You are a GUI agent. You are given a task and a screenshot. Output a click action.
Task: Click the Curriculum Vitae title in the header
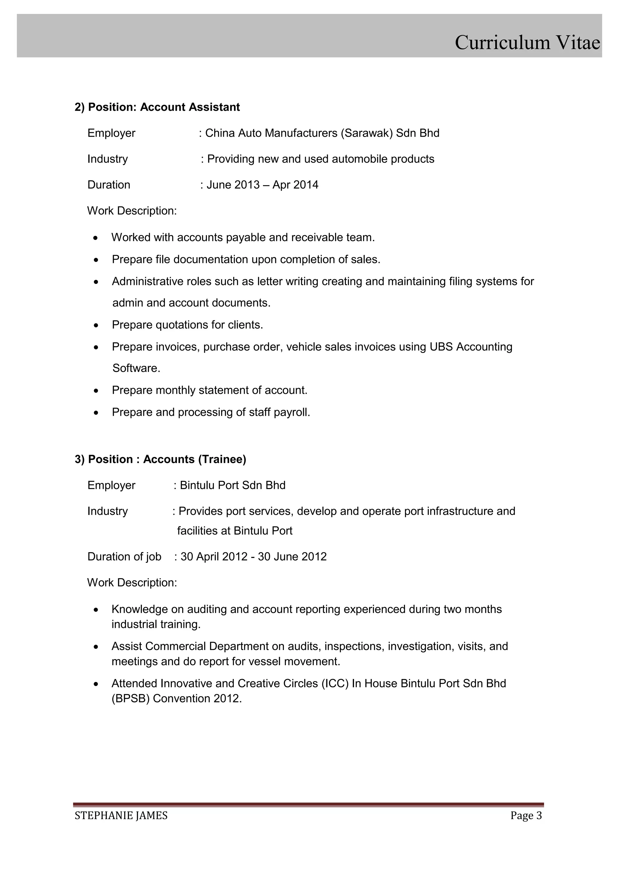527,42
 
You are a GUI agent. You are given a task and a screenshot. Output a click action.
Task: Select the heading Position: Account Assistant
157,107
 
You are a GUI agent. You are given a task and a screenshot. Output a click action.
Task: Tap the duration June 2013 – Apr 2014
262,185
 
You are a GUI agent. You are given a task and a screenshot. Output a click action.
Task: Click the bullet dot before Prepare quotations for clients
96,325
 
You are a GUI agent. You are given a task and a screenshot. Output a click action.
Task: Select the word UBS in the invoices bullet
441,347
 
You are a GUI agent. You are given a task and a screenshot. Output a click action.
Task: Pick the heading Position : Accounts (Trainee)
160,459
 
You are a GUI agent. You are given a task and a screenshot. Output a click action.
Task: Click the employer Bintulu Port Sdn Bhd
233,485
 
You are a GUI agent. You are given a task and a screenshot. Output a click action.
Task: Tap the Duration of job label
124,556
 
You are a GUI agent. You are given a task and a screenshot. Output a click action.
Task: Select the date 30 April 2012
214,556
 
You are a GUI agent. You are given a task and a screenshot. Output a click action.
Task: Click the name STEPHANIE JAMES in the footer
121,815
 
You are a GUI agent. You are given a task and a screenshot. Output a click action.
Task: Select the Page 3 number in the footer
526,815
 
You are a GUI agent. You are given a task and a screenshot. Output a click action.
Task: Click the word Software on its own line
136,368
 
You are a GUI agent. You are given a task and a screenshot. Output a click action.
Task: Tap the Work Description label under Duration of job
132,582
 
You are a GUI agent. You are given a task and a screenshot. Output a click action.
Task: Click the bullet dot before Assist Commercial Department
96,647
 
